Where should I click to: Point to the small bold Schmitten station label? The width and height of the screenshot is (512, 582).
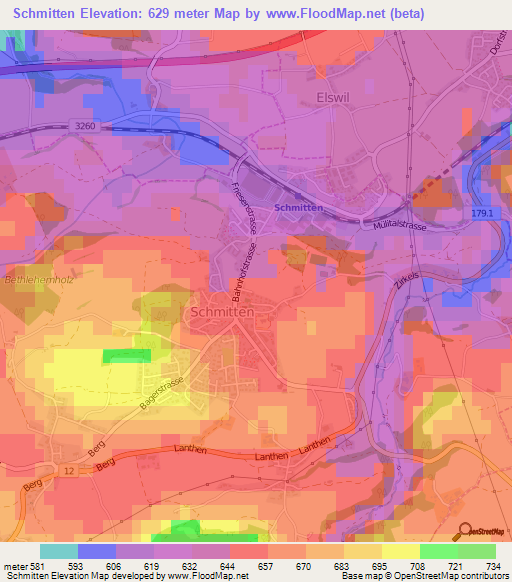click(x=298, y=207)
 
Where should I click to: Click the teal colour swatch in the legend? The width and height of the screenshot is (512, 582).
click(x=59, y=551)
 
